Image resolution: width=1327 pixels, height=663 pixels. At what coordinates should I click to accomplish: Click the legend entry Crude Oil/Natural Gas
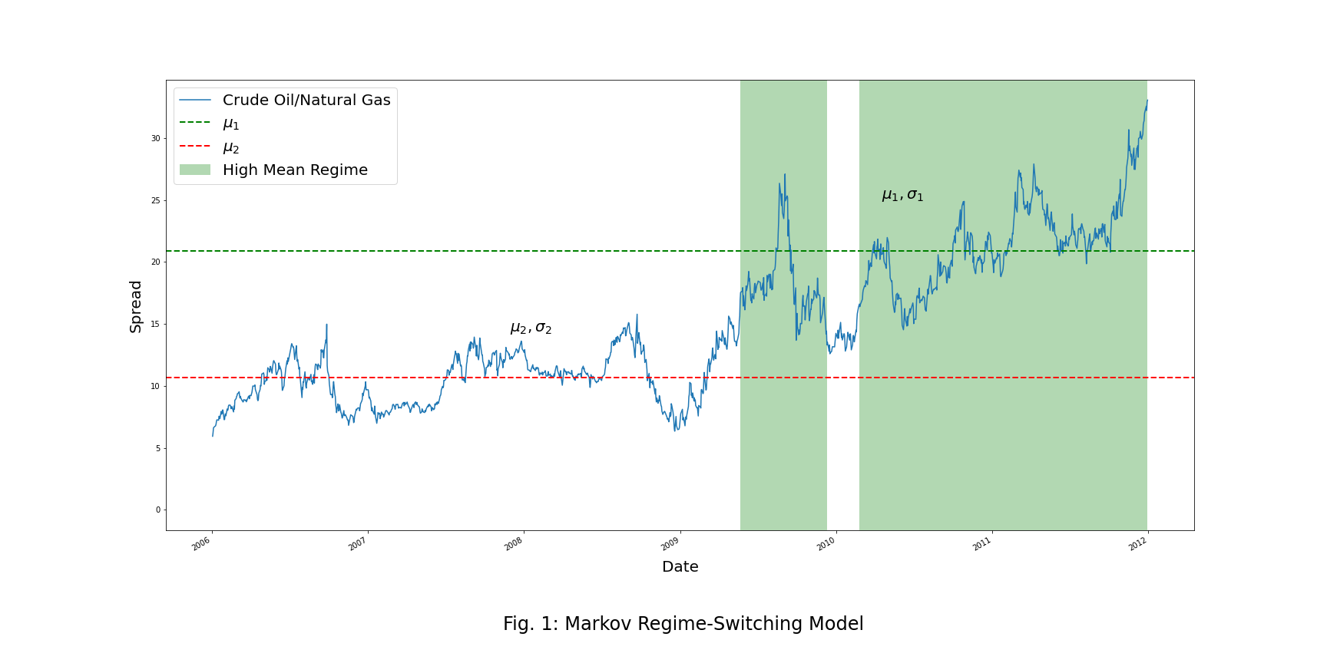pos(306,101)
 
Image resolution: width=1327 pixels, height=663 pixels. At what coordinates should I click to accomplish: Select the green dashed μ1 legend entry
pos(230,124)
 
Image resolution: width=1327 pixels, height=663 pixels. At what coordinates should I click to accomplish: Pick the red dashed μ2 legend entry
pos(230,147)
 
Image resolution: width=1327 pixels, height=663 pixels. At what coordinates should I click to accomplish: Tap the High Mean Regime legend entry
pos(295,170)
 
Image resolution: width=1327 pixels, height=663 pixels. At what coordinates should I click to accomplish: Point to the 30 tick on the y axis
pos(156,139)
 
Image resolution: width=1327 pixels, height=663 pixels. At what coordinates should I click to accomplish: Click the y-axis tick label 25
pos(156,201)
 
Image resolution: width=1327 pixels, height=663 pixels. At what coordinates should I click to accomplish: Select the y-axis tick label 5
pos(158,448)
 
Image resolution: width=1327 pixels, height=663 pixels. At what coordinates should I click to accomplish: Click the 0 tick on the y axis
pos(158,510)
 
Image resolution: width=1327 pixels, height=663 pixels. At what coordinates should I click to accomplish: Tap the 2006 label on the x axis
pos(201,544)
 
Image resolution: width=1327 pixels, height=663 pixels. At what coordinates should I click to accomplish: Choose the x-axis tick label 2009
pos(670,544)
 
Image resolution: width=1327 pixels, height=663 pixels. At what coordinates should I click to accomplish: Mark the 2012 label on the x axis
pos(1137,544)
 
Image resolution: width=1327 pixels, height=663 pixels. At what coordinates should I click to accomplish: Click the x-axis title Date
pos(680,567)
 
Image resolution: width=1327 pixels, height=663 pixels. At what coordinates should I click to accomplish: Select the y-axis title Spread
pos(136,306)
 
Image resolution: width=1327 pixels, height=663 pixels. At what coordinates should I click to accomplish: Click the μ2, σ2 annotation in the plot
pos(531,328)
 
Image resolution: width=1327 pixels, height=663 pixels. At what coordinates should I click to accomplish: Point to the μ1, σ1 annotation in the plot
pos(902,196)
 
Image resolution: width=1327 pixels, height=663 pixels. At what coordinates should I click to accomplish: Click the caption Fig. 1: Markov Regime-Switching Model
pos(683,624)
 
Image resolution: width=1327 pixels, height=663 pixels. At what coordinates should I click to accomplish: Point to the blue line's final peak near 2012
pos(1147,101)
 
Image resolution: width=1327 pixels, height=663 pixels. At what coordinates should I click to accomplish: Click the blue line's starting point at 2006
pos(213,435)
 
